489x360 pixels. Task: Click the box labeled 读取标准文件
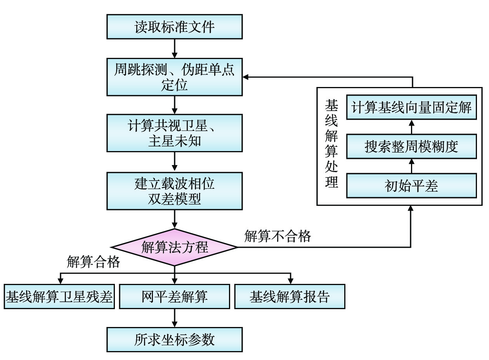point(175,27)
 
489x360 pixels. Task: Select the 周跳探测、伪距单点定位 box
point(175,77)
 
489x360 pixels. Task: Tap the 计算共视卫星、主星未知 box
point(175,133)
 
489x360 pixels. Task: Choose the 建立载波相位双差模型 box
point(175,191)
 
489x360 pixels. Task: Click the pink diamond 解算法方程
point(175,247)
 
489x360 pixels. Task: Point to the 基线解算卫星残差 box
point(59,297)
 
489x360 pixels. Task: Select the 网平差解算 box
point(175,297)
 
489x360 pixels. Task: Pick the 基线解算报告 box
point(290,297)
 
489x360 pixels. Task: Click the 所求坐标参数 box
point(175,340)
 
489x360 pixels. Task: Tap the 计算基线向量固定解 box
point(411,107)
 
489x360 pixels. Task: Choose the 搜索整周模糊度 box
point(411,146)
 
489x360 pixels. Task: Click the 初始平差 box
point(411,186)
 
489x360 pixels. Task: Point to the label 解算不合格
point(277,236)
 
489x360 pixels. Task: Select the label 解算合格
point(93,262)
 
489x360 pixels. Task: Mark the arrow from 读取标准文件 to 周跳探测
point(175,49)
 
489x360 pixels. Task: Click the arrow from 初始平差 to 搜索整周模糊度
point(411,166)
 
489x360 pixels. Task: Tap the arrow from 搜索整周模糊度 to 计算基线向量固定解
point(411,127)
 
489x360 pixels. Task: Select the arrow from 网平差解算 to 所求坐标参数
point(175,318)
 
